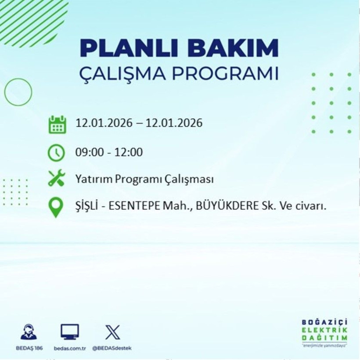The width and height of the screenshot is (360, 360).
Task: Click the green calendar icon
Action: coord(57,124)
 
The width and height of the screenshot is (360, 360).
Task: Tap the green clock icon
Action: coord(57,153)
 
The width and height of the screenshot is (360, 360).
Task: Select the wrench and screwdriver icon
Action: coord(57,179)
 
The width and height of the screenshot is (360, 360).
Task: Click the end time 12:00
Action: coord(129,152)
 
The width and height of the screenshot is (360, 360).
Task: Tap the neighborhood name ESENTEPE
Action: coord(136,206)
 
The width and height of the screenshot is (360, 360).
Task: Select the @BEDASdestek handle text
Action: coord(112,348)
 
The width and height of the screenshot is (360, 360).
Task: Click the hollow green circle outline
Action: coord(18,92)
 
